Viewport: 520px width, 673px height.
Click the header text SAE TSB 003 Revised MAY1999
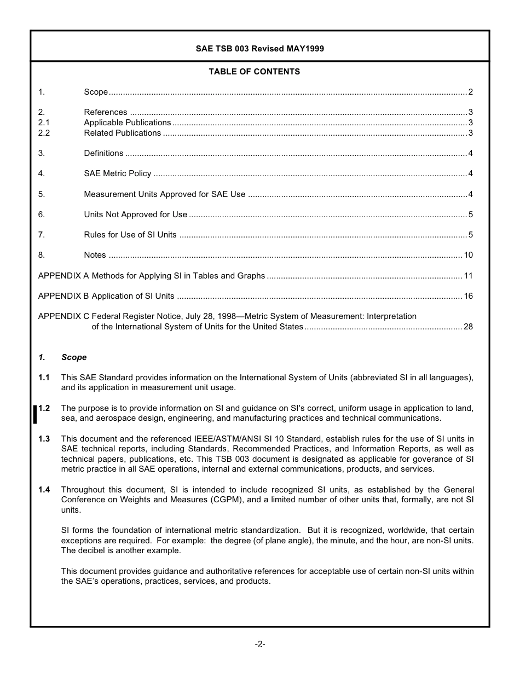point(259,49)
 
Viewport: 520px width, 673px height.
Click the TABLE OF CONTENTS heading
point(254,72)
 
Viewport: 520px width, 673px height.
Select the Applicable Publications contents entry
point(127,123)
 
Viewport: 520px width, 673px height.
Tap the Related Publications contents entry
point(122,133)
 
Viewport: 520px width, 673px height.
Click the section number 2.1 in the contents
point(44,123)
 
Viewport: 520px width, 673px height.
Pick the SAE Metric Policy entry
point(117,173)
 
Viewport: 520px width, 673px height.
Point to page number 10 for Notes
point(468,255)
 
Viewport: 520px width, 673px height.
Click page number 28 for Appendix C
point(468,327)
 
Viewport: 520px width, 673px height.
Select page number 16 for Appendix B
point(468,296)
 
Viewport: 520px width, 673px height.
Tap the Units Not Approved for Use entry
point(135,214)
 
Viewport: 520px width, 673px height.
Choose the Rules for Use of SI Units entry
point(130,235)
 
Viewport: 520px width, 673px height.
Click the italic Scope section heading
point(74,357)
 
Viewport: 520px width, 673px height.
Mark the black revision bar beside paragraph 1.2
point(35,414)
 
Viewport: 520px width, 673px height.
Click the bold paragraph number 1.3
point(44,439)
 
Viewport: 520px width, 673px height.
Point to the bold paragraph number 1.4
point(44,490)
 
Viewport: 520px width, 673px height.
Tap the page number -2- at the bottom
point(259,644)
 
